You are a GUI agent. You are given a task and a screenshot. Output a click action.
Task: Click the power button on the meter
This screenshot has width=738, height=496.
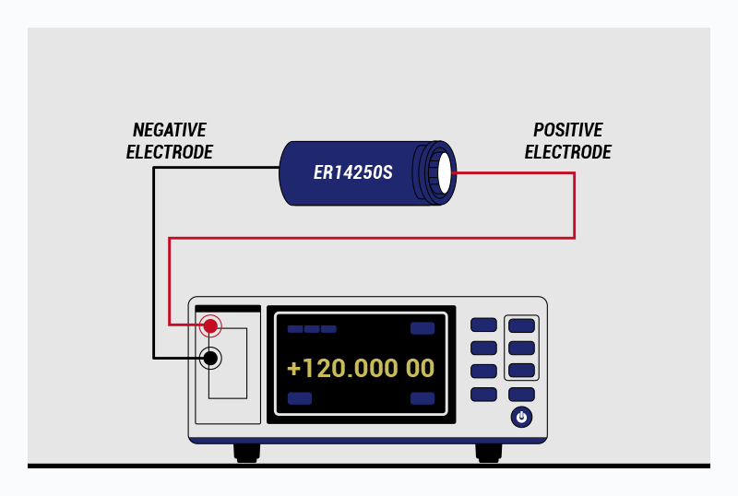tap(522, 418)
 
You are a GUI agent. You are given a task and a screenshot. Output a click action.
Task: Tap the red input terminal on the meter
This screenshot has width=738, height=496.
tap(211, 325)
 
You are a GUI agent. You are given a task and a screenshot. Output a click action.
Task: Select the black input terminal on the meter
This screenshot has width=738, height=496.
tap(211, 358)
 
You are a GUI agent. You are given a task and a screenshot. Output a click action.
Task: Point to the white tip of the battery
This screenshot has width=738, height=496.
tap(446, 172)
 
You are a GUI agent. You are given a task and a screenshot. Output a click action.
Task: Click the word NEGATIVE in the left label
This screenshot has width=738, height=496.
tap(170, 130)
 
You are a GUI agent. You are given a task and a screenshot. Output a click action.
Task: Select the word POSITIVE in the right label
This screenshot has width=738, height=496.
tap(568, 130)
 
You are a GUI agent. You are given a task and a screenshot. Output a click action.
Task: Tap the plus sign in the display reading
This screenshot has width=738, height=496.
tap(294, 369)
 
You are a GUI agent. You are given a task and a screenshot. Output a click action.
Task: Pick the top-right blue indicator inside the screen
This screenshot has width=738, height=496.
tap(423, 328)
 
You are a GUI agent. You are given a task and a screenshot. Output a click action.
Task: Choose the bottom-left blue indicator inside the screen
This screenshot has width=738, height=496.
tap(300, 398)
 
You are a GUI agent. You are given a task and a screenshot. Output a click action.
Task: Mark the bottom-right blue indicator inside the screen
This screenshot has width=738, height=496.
tap(423, 398)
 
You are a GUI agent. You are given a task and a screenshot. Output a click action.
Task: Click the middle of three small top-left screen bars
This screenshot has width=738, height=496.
tap(312, 329)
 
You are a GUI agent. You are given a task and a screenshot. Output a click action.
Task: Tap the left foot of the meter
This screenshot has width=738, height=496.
tap(246, 452)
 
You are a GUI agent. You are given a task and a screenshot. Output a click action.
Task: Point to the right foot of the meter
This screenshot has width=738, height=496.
tap(488, 452)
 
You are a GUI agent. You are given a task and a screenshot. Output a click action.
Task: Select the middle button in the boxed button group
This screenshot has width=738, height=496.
tap(522, 348)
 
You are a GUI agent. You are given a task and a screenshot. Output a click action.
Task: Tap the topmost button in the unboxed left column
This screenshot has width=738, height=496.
tap(484, 325)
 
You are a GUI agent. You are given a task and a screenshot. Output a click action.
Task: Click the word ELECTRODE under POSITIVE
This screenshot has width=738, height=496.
tap(568, 152)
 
